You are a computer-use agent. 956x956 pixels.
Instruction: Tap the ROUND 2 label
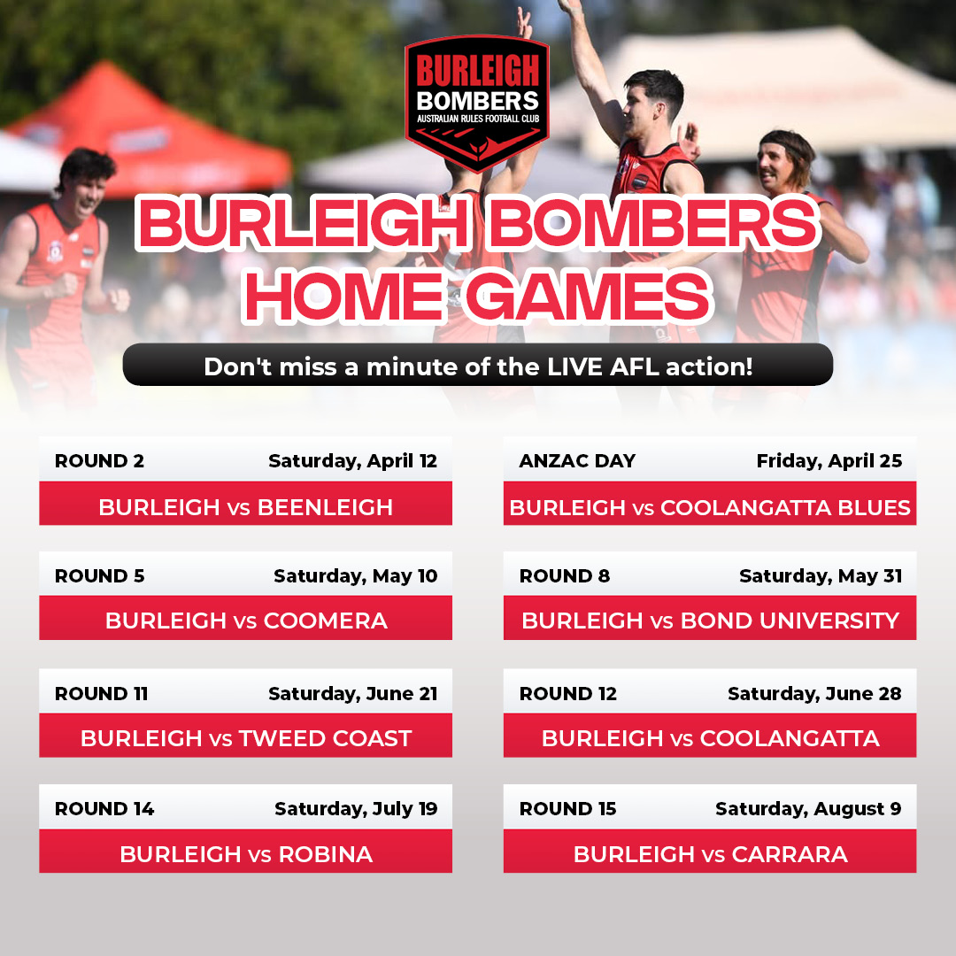point(99,461)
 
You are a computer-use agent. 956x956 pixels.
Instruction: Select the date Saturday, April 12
point(353,461)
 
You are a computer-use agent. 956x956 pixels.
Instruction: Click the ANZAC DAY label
point(577,461)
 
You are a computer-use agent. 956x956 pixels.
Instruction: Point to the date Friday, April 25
point(829,461)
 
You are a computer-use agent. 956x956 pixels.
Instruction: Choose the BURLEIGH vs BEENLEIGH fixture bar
point(246,504)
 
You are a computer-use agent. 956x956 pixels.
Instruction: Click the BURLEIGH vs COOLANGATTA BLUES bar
point(710,504)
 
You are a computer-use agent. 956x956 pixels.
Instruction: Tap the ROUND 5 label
point(99,576)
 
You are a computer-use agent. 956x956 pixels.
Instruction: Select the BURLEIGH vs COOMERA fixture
point(246,618)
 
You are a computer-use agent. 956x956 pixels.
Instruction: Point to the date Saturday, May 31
point(821,577)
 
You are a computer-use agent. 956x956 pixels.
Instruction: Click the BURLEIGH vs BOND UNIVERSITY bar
point(710,618)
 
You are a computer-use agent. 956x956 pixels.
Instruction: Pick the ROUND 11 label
point(101,694)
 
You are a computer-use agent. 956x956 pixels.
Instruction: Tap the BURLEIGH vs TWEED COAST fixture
point(246,736)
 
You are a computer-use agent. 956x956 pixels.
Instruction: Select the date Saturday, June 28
point(814,695)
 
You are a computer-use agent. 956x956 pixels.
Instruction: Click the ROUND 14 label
point(104,809)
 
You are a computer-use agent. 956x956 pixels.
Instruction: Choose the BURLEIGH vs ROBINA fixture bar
point(246,852)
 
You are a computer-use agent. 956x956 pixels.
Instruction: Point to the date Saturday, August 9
point(808,810)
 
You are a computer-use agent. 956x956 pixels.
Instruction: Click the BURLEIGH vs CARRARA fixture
point(710,852)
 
